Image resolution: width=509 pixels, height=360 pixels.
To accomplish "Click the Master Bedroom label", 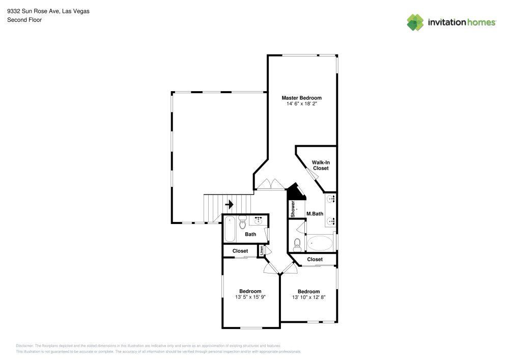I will tap(302, 98).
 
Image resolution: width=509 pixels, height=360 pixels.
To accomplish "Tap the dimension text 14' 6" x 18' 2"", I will tap(302, 104).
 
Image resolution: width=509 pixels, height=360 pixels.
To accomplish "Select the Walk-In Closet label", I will tap(321, 165).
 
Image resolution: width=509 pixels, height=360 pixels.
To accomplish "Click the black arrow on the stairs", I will tap(229, 204).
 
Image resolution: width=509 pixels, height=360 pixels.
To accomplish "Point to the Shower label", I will tap(293, 209).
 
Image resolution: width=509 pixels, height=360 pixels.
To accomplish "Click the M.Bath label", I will tap(315, 214).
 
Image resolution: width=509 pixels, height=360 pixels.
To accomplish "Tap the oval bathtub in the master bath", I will tap(319, 243).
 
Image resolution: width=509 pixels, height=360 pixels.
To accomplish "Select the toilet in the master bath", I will tap(297, 245).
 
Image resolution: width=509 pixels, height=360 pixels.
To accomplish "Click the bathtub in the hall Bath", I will tap(230, 229).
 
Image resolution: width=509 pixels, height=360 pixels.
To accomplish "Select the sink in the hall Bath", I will tap(259, 220).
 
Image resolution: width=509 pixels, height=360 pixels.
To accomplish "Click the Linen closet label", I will tap(262, 250).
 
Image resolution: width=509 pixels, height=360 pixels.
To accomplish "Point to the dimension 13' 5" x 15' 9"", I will tap(250, 297).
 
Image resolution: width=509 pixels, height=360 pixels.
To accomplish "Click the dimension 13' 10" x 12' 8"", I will tap(308, 297).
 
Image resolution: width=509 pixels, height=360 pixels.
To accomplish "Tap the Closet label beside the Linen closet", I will tap(240, 251).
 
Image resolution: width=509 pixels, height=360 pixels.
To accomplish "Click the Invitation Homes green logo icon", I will tap(415, 22).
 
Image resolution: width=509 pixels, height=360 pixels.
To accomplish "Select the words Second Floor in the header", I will tap(24, 20).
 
